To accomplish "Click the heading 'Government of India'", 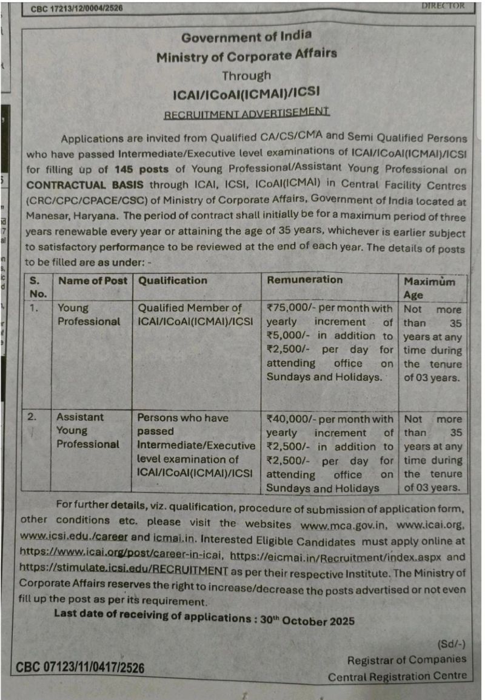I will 246,37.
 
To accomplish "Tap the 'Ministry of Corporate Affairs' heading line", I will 246,56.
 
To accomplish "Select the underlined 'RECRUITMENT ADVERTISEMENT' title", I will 246,113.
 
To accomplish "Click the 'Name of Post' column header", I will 92,280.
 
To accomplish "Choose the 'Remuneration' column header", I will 304,280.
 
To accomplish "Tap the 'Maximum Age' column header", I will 429,288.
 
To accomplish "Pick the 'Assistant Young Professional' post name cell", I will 88,431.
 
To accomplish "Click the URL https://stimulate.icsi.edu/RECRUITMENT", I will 124,571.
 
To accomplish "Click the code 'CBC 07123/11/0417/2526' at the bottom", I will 80,668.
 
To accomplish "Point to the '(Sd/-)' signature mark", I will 451,644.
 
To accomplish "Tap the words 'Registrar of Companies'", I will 407,660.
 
